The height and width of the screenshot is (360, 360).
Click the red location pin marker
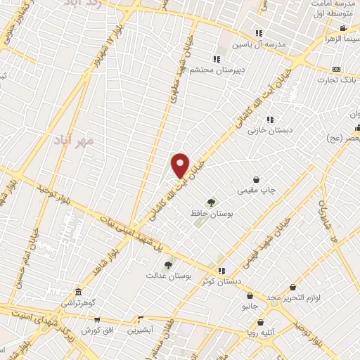(181, 165)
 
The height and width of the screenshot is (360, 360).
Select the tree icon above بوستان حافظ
(210, 202)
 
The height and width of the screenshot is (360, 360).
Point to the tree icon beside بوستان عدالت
(168, 265)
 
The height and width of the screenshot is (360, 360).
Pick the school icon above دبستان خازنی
(270, 120)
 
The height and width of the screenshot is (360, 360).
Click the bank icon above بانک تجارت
(337, 70)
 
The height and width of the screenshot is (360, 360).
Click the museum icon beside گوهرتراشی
(77, 292)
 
